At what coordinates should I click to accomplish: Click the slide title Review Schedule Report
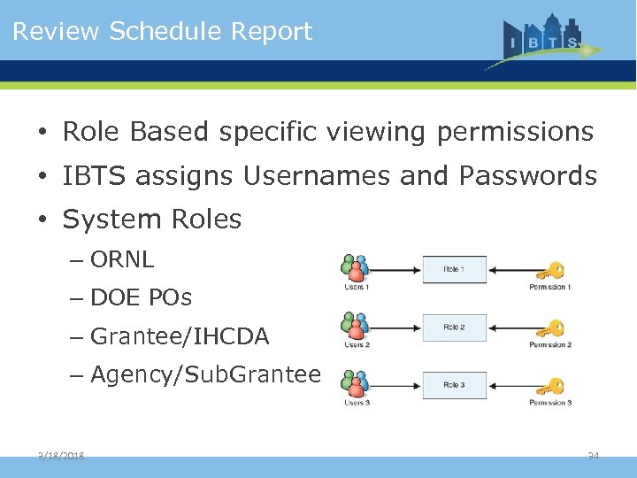[x=162, y=32]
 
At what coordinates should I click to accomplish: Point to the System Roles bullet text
[x=151, y=220]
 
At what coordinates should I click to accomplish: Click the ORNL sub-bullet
[x=122, y=259]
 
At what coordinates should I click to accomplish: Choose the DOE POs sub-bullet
[x=141, y=298]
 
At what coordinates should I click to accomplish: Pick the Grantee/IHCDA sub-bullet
[x=180, y=336]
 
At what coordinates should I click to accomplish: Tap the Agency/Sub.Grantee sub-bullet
[x=205, y=375]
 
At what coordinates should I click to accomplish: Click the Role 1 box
[x=453, y=269]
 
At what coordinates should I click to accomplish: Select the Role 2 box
[x=453, y=328]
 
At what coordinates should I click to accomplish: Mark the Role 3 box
[x=453, y=385]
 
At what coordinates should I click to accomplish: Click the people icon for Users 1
[x=355, y=268]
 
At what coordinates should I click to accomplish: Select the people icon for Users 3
[x=355, y=385]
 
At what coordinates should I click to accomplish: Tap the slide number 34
[x=594, y=456]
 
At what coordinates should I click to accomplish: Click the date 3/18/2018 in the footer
[x=61, y=456]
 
